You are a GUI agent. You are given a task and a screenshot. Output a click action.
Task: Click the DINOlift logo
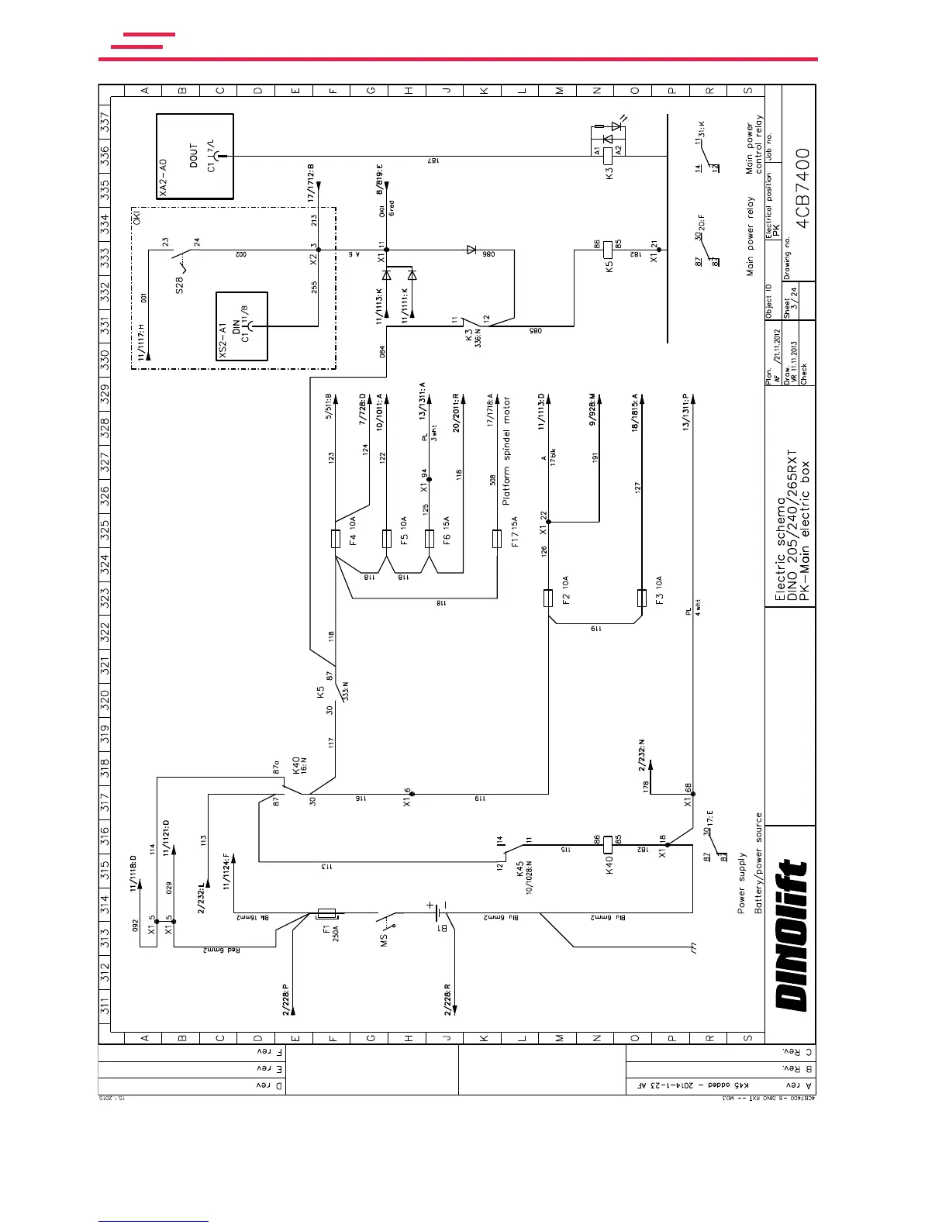tap(792, 937)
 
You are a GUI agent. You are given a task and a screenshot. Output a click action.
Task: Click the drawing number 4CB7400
tap(802, 188)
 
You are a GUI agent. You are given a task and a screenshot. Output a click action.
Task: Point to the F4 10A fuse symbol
tap(336, 538)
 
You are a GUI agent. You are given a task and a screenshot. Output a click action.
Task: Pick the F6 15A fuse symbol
tap(430, 538)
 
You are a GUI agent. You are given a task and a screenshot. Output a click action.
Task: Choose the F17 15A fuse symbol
tap(497, 538)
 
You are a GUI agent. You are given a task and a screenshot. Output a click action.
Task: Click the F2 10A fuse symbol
tap(548, 598)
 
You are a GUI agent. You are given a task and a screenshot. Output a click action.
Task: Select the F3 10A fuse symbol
tap(641, 598)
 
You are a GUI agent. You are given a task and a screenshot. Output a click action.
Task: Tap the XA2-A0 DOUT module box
tap(195, 157)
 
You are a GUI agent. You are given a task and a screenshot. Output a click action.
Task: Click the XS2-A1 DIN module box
tap(242, 326)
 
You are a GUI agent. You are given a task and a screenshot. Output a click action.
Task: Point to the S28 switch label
tap(179, 285)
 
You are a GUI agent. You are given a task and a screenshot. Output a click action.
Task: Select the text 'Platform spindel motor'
tap(506, 451)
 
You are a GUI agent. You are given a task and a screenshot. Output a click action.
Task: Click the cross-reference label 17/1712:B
tap(312, 183)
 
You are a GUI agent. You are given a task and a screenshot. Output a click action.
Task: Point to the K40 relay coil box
tap(608, 844)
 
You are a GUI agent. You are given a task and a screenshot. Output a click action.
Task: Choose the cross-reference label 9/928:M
tap(593, 409)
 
